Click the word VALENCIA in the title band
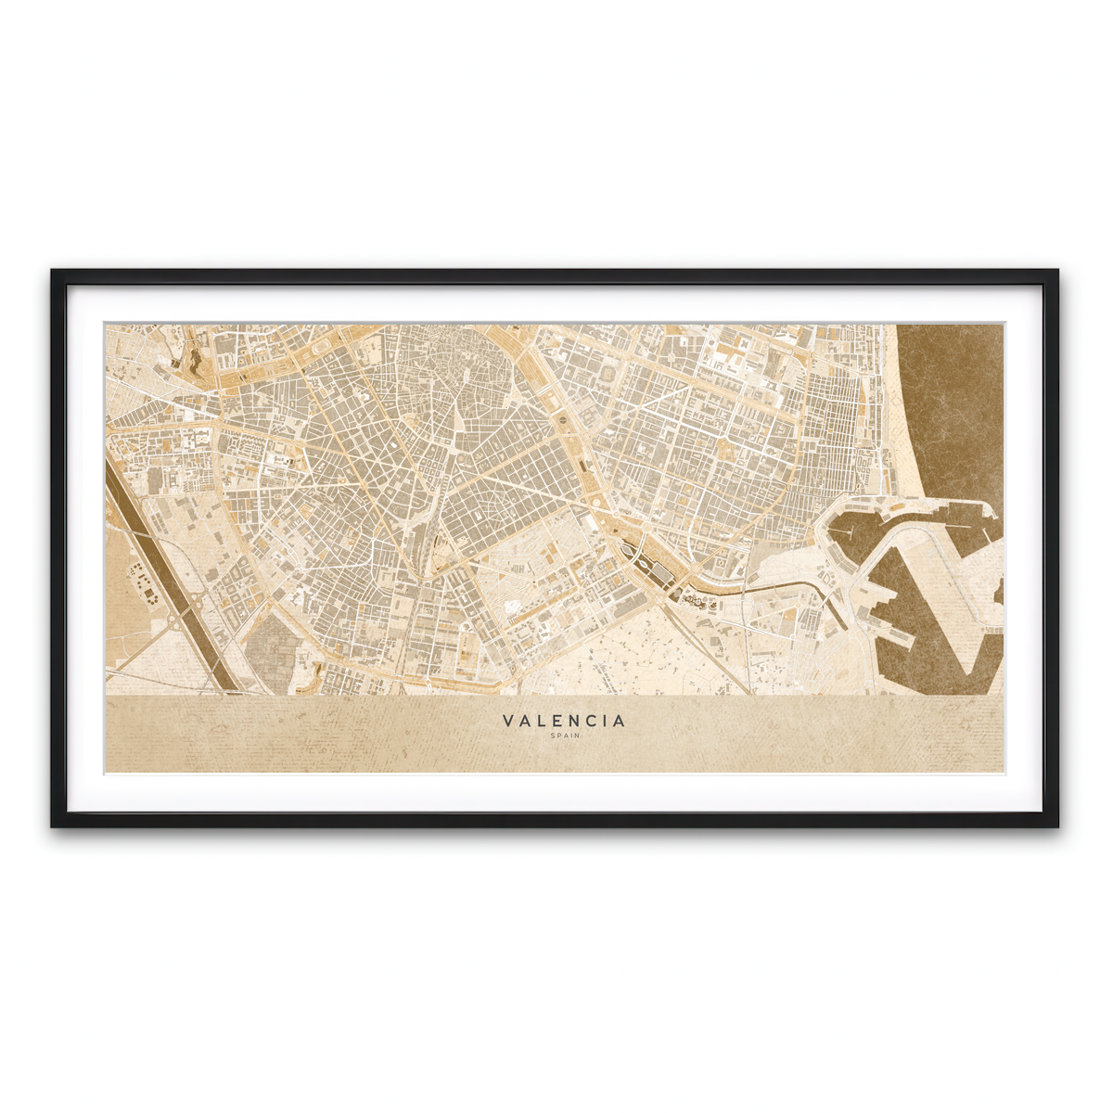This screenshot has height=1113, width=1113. point(564,720)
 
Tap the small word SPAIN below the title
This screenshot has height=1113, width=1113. point(564,736)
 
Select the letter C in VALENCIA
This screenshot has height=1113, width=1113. point(592,720)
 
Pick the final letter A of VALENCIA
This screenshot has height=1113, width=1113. point(620,720)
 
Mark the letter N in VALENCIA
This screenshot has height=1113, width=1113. point(575,720)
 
